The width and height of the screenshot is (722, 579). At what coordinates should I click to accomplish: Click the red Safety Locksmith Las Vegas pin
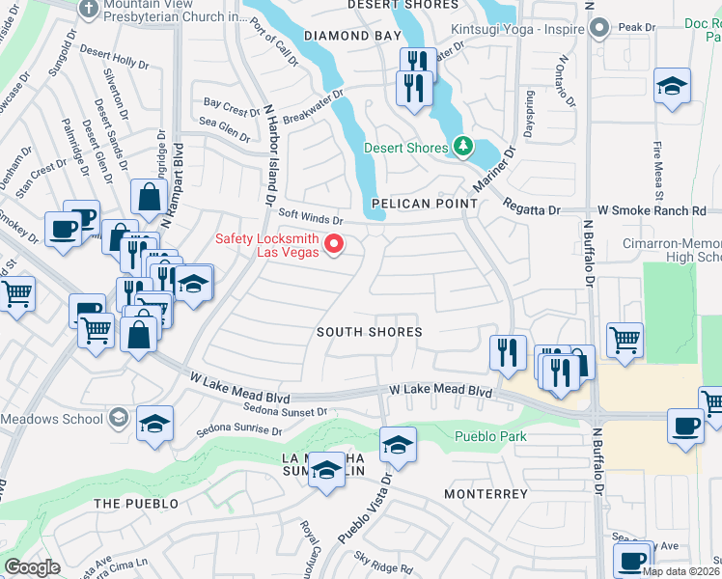coord(335,243)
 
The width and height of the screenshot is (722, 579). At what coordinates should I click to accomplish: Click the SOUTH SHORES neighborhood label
coord(370,331)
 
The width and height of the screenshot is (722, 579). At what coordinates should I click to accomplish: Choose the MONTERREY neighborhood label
coord(486,494)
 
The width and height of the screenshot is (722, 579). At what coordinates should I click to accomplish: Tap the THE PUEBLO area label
coord(136,504)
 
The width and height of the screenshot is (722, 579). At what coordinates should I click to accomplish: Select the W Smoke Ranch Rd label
coord(652,210)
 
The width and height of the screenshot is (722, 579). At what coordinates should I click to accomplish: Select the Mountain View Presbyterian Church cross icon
coord(87,9)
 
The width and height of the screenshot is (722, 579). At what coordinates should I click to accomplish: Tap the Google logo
coord(32,567)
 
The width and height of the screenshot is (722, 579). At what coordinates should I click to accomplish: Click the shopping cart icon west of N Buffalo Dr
coord(625,339)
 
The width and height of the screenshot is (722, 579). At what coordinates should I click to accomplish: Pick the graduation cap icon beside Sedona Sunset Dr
coord(154,424)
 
